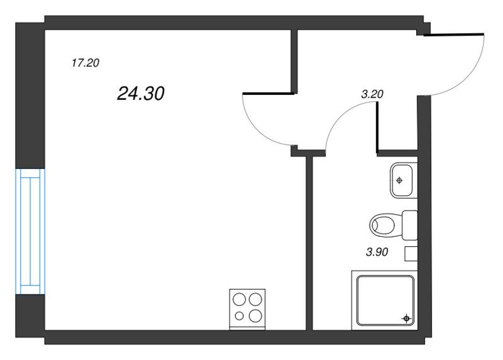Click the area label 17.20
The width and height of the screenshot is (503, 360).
tap(85, 63)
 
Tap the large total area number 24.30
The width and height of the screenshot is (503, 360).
tap(140, 94)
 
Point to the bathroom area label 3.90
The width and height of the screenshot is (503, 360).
tap(377, 252)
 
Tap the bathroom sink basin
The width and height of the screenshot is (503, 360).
tap(403, 180)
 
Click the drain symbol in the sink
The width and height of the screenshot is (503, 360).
tap(399, 180)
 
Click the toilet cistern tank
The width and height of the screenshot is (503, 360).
tap(409, 225)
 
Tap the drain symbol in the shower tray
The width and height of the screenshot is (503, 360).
tap(406, 318)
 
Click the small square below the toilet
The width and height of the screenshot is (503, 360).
tap(411, 254)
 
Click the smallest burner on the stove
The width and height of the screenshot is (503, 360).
tap(239, 315)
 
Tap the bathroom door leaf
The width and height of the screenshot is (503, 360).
tap(376, 127)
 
